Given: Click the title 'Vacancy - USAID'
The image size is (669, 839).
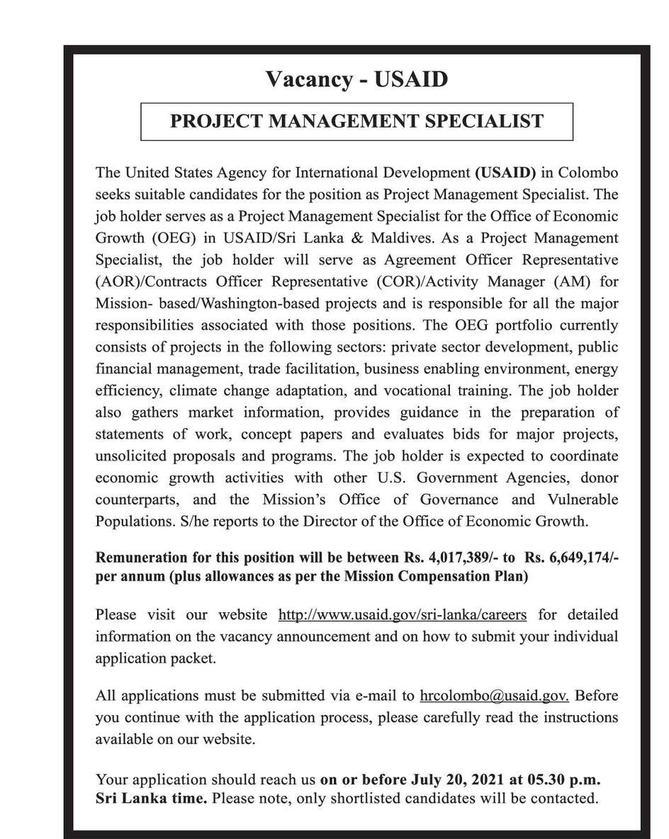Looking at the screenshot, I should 356,79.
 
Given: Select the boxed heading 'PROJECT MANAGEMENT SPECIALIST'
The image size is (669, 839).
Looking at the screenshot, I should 356,120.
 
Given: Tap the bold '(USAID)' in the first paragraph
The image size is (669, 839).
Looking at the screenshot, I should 505,172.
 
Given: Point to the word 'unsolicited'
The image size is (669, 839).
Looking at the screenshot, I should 129,456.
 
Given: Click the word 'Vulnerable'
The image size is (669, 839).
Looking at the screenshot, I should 583,500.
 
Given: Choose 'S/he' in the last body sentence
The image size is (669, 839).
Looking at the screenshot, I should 175,522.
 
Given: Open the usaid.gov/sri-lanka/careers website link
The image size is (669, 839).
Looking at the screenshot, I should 403,614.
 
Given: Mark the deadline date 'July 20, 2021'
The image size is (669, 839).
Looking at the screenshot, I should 457,780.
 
